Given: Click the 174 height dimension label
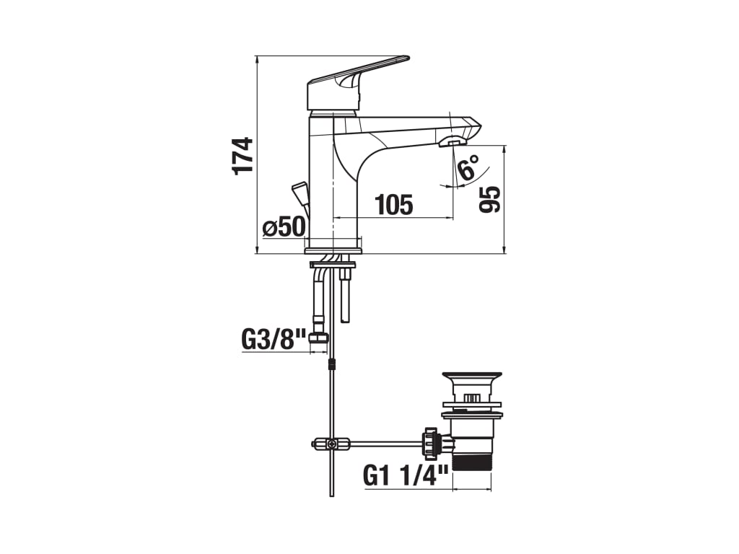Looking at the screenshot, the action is [x=242, y=156].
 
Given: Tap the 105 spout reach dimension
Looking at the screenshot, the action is [x=394, y=204].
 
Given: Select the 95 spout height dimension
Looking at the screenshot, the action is [x=490, y=199].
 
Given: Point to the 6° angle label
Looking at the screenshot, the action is [x=468, y=167].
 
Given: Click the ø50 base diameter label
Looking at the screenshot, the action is [x=284, y=227].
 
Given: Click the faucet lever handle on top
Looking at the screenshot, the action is [x=358, y=83].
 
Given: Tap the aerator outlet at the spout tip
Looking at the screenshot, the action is [x=452, y=141].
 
